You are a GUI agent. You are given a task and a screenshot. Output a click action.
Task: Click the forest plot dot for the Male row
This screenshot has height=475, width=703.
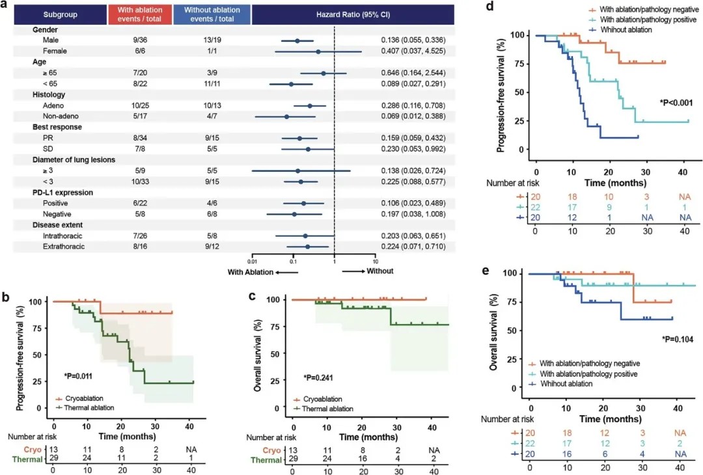(297, 40)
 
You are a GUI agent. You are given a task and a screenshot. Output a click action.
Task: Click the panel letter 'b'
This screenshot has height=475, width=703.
(6, 296)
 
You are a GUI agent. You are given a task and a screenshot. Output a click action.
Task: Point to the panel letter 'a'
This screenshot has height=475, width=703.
(6, 5)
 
